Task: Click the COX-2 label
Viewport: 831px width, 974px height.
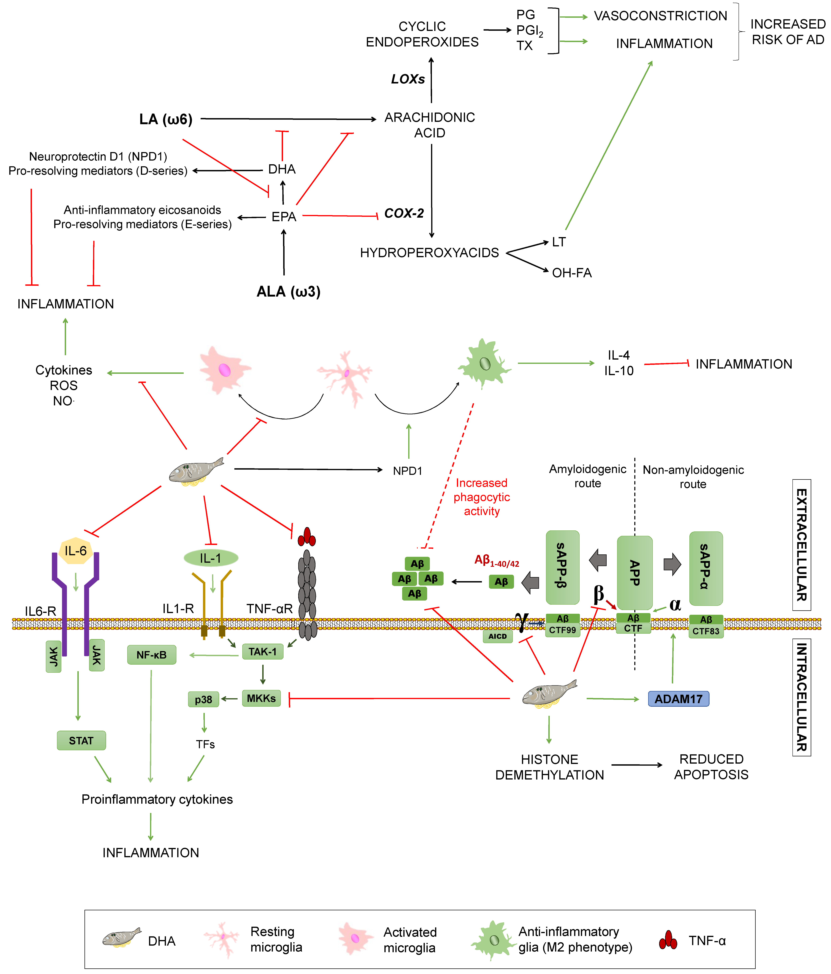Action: tap(404, 213)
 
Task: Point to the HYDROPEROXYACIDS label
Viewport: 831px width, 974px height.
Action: tap(429, 253)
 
